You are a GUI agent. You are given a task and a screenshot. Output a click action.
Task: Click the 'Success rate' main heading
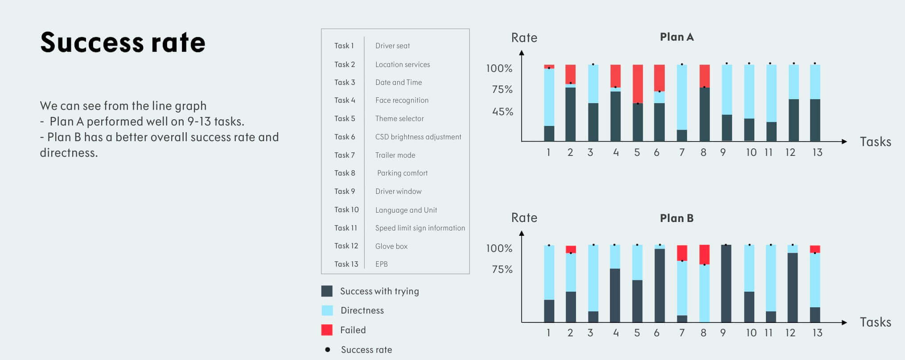tap(123, 42)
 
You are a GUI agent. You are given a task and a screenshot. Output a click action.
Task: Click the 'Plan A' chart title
tap(676, 37)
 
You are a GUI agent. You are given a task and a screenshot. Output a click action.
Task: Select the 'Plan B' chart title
tap(676, 218)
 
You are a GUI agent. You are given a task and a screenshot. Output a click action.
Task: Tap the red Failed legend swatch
tap(327, 330)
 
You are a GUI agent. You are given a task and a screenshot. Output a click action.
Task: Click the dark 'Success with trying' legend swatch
tap(327, 291)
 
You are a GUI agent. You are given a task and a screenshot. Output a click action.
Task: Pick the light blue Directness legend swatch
tap(327, 310)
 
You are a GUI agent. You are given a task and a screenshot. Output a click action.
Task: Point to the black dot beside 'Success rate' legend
tap(328, 350)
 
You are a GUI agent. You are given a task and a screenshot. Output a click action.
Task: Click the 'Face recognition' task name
tap(402, 100)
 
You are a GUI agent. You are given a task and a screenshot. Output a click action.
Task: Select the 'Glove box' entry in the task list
tap(391, 246)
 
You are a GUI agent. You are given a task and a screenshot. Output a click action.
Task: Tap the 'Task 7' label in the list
tap(345, 155)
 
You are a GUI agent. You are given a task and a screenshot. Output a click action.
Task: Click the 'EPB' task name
tap(381, 264)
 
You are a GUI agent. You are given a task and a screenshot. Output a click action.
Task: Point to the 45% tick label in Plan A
tap(502, 112)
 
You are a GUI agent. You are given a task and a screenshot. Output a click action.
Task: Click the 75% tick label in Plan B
tap(502, 269)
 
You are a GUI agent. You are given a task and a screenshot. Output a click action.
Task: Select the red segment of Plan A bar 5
tap(638, 84)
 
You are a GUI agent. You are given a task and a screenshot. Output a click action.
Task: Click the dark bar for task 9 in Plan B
tap(726, 283)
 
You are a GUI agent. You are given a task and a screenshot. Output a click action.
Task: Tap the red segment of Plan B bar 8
tap(704, 254)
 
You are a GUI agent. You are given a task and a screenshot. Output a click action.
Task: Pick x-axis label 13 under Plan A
tap(817, 152)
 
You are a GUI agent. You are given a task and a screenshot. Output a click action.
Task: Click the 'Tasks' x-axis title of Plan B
tap(875, 322)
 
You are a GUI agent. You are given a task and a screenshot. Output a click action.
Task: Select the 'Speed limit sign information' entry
tap(420, 228)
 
